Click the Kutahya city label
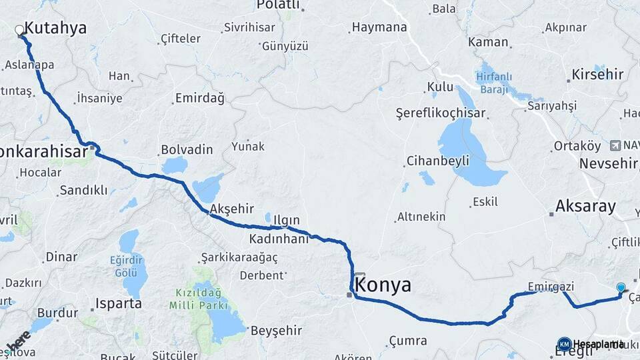coord(55,28)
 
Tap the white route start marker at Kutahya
coord(19,30)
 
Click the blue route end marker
coord(621,288)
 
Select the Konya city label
coord(383,286)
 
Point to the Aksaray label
coord(585,206)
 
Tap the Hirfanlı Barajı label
coord(493,83)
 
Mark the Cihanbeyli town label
coord(437,161)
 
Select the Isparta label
coord(119,303)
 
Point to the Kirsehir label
coord(597,74)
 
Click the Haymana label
coord(379,27)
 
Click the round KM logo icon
coord(564,344)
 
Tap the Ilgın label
coord(285,220)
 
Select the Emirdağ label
coord(199,98)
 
